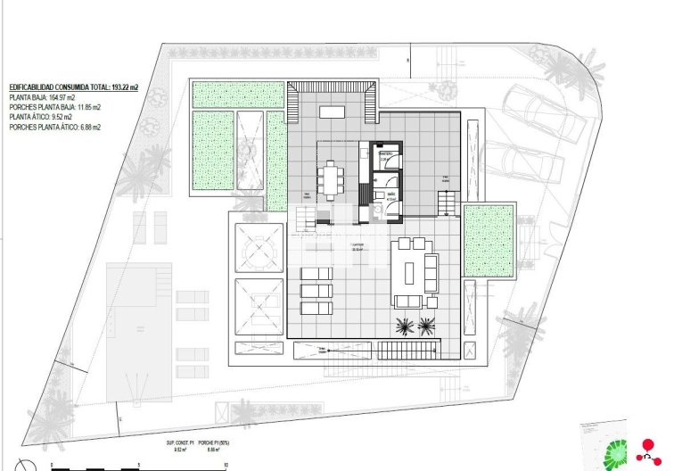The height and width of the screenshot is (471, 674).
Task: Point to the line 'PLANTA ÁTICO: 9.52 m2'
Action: pyautogui.click(x=41, y=117)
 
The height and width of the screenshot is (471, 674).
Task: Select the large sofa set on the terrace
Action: pyautogui.click(x=415, y=271)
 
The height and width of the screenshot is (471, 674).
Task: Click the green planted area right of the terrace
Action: pyautogui.click(x=489, y=241)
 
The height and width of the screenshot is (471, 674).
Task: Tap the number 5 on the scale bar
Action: pyautogui.click(x=139, y=465)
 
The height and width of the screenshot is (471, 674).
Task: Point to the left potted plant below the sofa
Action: pyautogui.click(x=404, y=325)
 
